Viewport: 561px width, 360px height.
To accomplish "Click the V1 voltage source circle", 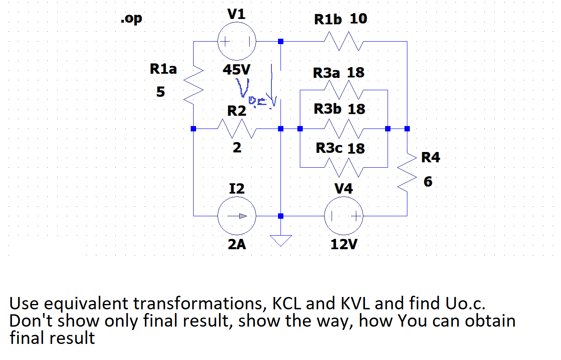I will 237,42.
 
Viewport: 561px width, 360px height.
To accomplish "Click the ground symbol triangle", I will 280,240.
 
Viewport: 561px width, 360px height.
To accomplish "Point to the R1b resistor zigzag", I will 344,42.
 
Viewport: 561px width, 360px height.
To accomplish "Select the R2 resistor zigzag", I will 237,129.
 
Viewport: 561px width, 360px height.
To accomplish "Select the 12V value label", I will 344,245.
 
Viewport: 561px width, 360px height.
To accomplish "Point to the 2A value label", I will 237,245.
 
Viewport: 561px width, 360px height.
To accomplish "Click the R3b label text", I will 327,109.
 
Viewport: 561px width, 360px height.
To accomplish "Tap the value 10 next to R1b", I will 358,19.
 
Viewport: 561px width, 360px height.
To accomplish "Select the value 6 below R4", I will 428,182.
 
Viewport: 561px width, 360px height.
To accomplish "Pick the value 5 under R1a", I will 160,92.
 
